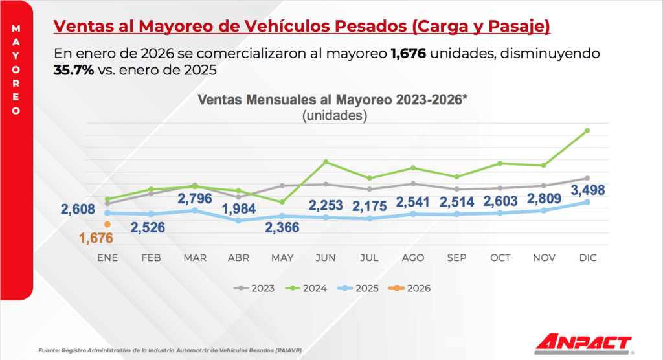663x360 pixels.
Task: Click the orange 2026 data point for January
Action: (107, 225)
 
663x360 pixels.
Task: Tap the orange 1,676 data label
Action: (96, 238)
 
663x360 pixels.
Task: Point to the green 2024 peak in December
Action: (587, 130)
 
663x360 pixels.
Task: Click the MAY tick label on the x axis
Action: (282, 258)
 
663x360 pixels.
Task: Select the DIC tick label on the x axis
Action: (587, 258)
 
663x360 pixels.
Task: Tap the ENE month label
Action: (107, 258)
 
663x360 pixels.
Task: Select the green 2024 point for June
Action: (326, 161)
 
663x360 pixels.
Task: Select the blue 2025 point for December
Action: (587, 202)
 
